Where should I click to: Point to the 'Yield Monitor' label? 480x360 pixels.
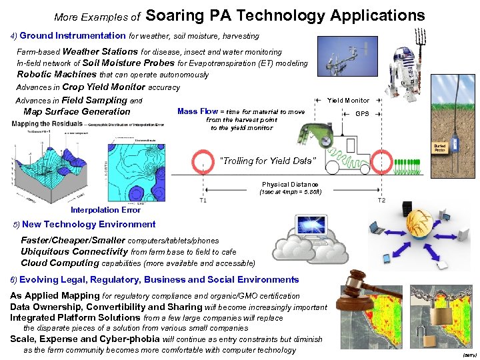(348, 101)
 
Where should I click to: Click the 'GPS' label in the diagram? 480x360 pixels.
(362, 114)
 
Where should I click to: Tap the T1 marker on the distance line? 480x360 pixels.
(203, 200)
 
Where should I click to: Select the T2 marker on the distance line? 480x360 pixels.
(381, 200)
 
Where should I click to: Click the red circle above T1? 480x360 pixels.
(202, 163)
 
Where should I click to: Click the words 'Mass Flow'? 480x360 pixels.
(198, 111)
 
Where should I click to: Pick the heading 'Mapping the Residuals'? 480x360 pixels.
(44, 123)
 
